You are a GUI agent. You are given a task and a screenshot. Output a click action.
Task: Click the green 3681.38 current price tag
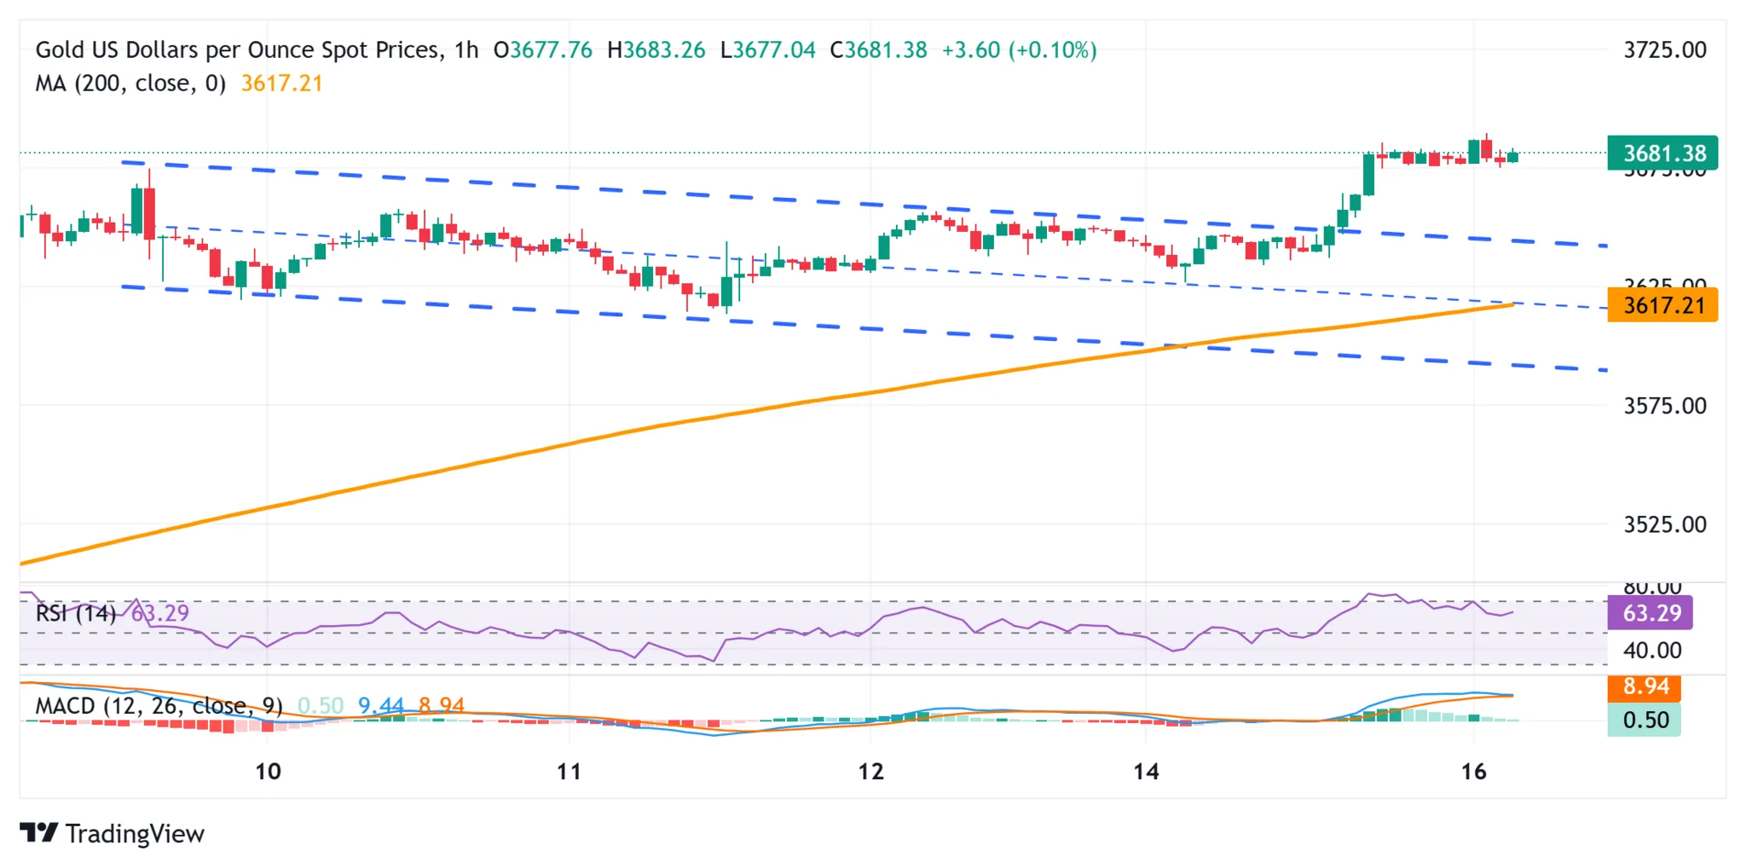[x=1662, y=153]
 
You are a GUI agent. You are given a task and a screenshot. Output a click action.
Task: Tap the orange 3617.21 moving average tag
[x=1662, y=305]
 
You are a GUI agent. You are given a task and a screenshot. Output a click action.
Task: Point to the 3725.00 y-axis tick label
[x=1664, y=50]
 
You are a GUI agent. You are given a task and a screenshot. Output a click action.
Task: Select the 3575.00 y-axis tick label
[x=1664, y=406]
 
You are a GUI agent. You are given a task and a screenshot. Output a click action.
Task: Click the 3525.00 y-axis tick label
[x=1664, y=524]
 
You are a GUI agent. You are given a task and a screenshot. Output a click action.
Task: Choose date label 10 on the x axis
[x=268, y=772]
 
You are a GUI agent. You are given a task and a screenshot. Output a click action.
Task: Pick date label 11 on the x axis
[x=569, y=772]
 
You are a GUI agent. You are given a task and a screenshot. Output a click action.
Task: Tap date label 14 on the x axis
[x=1146, y=772]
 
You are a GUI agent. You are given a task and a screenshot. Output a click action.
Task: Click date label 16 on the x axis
[x=1473, y=772]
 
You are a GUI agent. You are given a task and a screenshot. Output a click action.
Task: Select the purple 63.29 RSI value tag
[x=1650, y=613]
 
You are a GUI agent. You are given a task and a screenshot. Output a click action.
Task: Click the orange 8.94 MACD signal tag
[x=1645, y=686]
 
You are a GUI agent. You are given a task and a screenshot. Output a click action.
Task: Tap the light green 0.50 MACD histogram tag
[x=1645, y=720]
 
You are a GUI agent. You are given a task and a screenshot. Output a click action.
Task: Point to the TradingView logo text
[x=134, y=834]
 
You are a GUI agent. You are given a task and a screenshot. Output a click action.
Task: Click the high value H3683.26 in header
[x=656, y=50]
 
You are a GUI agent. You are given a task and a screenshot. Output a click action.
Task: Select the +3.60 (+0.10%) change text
[x=1019, y=50]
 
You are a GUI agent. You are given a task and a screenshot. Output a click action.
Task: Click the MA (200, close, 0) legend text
[x=130, y=84]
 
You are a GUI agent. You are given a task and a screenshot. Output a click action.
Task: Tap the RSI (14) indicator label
[x=76, y=613]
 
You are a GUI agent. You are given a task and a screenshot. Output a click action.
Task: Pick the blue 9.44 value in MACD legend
[x=380, y=706]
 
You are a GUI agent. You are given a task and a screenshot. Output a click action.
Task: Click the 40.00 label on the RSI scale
[x=1651, y=651]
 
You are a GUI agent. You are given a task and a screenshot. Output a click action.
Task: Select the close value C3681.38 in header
[x=878, y=50]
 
